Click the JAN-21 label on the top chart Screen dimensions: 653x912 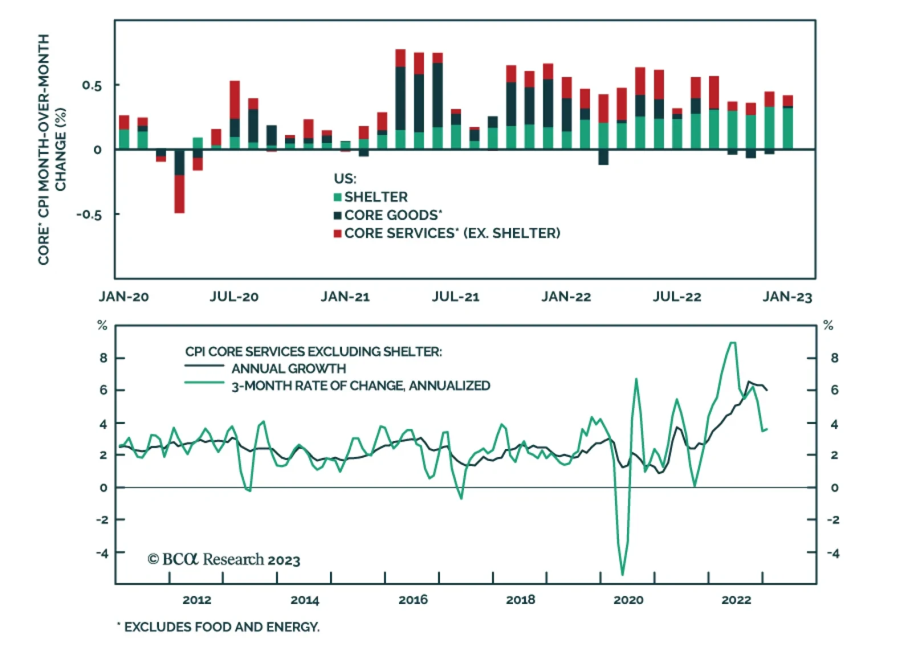click(345, 297)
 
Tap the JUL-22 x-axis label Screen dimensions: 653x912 click(677, 297)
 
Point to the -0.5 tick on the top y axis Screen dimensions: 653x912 click(89, 215)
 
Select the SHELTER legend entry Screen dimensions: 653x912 click(376, 197)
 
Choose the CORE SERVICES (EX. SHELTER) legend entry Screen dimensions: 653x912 click(451, 233)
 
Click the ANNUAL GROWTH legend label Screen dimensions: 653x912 click(288, 369)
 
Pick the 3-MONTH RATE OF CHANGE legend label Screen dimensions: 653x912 click(360, 386)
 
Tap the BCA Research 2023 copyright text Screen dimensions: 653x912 click(223, 560)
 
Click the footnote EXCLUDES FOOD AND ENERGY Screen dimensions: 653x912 click(221, 627)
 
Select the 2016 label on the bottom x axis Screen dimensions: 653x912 click(413, 599)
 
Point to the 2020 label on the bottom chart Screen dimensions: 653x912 click(628, 599)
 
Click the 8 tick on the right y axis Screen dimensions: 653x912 click(834, 358)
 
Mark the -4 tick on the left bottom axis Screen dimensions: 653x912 click(102, 553)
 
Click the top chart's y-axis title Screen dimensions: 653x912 click(52, 149)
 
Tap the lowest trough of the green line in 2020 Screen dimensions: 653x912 click(622, 574)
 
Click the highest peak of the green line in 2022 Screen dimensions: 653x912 click(733, 342)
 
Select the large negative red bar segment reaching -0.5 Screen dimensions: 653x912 click(180, 194)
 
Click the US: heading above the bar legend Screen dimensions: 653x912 click(345, 178)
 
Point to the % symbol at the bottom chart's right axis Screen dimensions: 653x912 click(828, 325)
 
